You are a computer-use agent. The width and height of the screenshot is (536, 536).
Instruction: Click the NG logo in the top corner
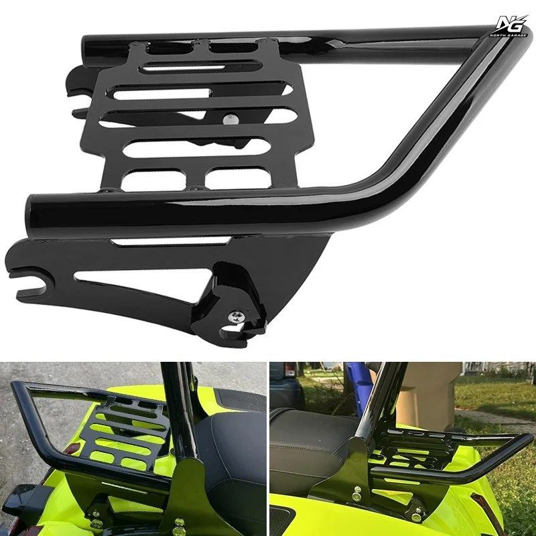coord(510,25)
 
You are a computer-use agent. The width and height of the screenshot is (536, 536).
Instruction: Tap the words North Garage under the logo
coord(509,36)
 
